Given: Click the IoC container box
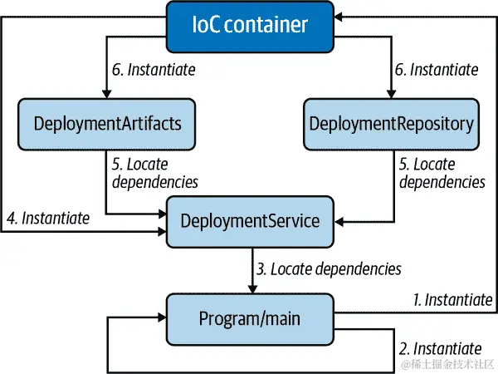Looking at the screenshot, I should click(249, 24).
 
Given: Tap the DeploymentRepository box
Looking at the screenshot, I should click(392, 124).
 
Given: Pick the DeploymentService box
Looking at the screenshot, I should click(249, 222).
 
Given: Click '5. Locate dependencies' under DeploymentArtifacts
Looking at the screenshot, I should click(154, 173).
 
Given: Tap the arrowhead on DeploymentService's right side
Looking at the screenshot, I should click(339, 222).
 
